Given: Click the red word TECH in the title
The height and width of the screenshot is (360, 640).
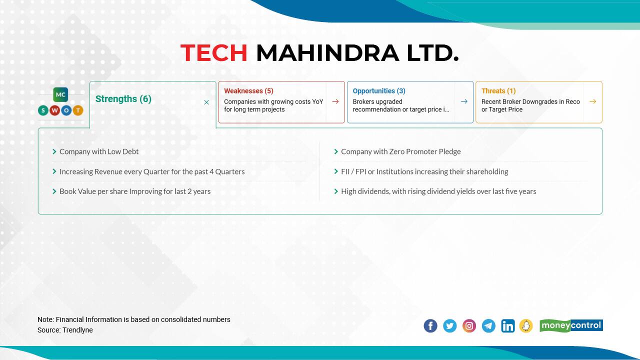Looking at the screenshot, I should pos(213,53).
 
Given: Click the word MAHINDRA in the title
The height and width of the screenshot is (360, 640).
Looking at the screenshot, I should pos(327,53).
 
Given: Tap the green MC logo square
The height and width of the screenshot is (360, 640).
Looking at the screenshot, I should pos(61,94).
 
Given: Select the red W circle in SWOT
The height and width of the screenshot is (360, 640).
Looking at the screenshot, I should pos(55,110).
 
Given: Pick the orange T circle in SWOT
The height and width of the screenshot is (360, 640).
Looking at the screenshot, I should pos(78,110).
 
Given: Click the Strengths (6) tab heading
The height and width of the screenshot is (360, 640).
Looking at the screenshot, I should pos(123,99).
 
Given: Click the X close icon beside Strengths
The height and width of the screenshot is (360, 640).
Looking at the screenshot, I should pos(206,102).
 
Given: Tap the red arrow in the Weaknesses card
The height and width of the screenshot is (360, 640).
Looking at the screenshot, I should pos(335,101).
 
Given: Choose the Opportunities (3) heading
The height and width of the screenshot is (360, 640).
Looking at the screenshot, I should pos(379,91).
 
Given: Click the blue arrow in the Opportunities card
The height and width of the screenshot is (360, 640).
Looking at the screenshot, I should pos(464,101).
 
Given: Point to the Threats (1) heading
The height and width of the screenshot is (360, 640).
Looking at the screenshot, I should pos(498,91).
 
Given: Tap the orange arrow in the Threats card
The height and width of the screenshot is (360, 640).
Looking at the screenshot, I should pos(592,101).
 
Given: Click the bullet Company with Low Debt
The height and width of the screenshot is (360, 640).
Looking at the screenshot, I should pos(99,151).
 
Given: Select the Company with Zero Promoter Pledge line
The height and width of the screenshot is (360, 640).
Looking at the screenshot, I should pos(400,151).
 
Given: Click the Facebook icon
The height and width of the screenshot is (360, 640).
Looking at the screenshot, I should pos(430,326).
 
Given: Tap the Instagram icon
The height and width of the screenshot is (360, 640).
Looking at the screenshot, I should pos(469,326).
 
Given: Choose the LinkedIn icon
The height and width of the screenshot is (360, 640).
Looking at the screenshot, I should pos(507,326).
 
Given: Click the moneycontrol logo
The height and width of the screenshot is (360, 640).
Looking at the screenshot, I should pos(571,325).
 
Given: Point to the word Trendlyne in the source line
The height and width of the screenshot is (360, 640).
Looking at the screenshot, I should pos(77,330).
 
